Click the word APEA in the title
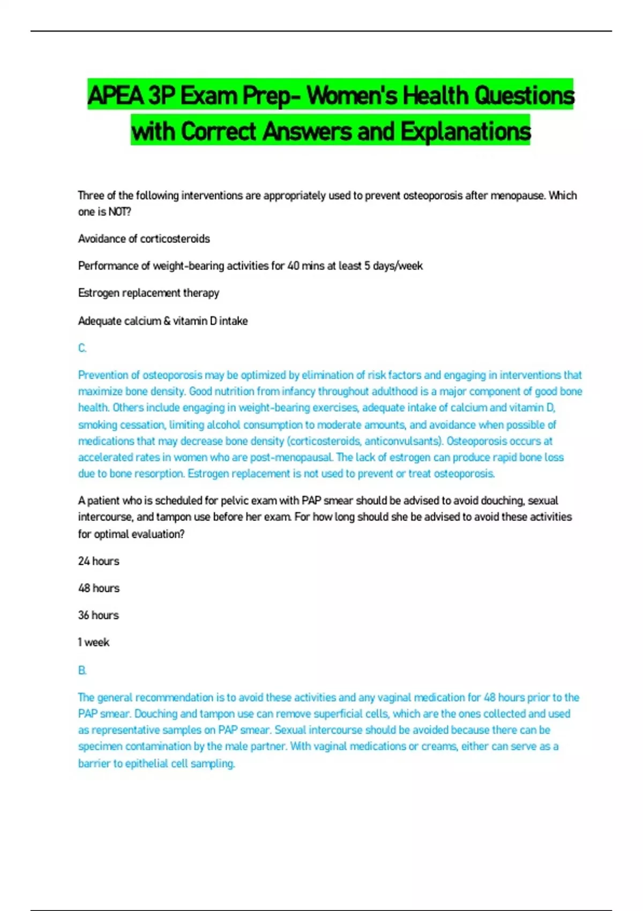click(x=116, y=95)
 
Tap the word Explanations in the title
click(x=465, y=131)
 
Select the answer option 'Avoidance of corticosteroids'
click(x=144, y=239)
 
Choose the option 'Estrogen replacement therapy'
click(x=148, y=293)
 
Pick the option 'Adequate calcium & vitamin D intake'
click(x=163, y=321)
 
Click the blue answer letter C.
click(x=82, y=348)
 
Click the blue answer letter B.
click(x=82, y=670)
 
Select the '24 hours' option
click(x=99, y=561)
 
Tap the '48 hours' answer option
click(x=99, y=588)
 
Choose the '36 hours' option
click(x=99, y=615)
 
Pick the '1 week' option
click(x=94, y=643)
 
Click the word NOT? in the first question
click(x=119, y=212)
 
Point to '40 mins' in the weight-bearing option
click(x=306, y=266)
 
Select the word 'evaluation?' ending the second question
click(x=158, y=534)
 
